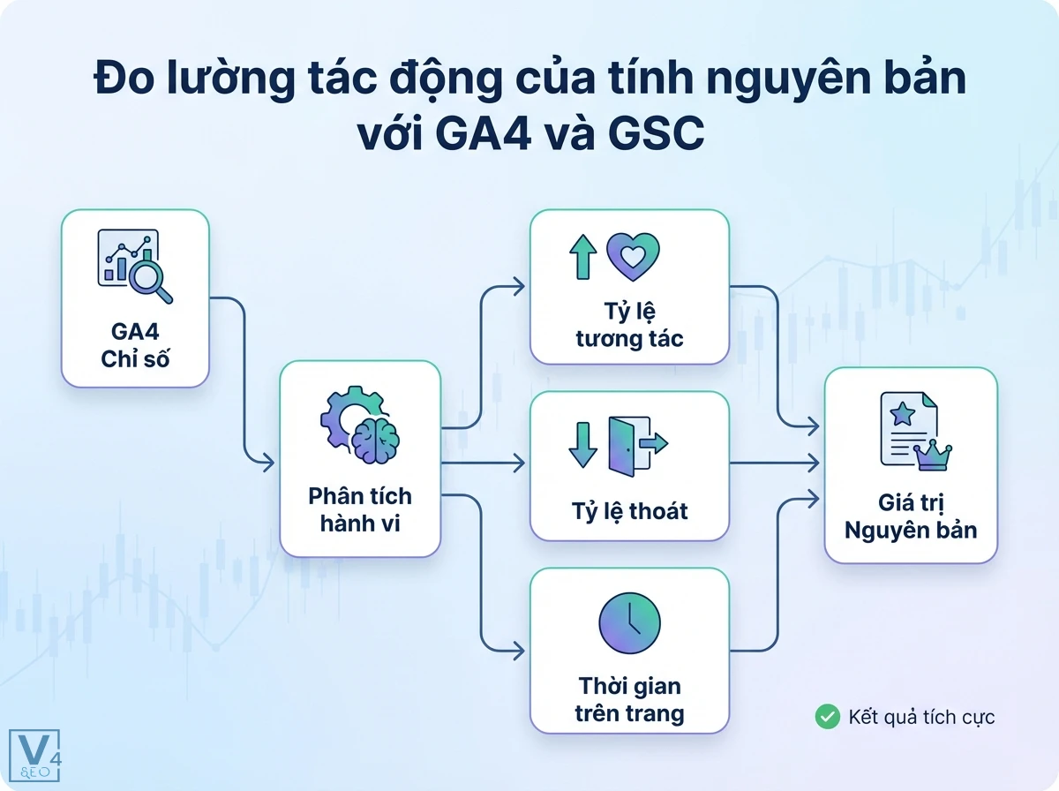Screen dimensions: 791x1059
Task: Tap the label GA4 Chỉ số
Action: pyautogui.click(x=135, y=347)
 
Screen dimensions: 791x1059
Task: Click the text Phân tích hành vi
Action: pyautogui.click(x=360, y=508)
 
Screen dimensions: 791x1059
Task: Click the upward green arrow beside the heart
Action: pyautogui.click(x=583, y=257)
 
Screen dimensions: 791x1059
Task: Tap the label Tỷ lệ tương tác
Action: pyautogui.click(x=629, y=326)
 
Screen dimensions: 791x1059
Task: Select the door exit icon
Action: pyautogui.click(x=637, y=442)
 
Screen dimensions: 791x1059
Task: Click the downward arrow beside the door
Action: pyautogui.click(x=583, y=444)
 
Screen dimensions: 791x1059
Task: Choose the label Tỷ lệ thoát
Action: pyautogui.click(x=629, y=510)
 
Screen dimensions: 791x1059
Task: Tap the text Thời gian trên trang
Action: pyautogui.click(x=629, y=699)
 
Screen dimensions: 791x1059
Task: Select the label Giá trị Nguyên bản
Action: pyautogui.click(x=910, y=516)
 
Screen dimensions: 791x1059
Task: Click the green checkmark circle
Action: pyautogui.click(x=827, y=716)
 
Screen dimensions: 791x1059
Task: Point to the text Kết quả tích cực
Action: pyautogui.click(x=921, y=717)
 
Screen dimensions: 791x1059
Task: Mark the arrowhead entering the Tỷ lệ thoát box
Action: pyautogui.click(x=520, y=463)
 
